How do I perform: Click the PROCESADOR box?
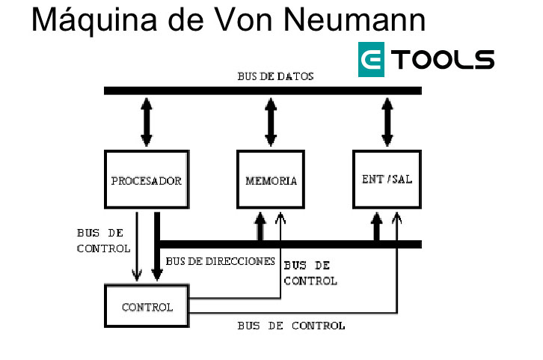147,180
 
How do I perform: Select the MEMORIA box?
271,180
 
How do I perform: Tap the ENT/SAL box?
387,179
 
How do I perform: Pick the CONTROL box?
147,307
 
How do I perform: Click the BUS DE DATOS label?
275,76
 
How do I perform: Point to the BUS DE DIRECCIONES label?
221,261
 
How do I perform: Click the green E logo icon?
372,59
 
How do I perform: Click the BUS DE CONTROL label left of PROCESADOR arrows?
103,240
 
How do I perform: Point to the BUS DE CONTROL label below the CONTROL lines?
291,326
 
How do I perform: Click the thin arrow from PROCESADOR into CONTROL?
137,247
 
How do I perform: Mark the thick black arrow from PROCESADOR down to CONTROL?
156,247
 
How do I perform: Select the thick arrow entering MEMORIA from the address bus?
260,225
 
